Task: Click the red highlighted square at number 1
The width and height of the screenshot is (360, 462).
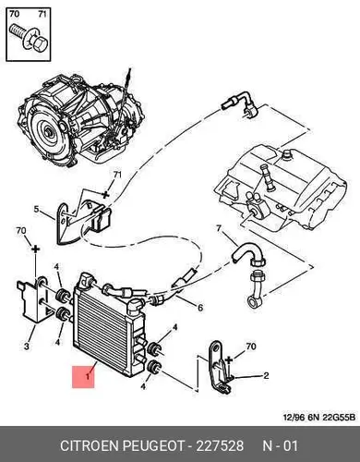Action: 83,376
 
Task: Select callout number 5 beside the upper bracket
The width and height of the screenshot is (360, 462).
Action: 36,210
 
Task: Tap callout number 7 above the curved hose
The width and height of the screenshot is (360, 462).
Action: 219,228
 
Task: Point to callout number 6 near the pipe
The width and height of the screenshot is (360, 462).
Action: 200,308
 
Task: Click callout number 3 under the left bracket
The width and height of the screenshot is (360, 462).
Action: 27,346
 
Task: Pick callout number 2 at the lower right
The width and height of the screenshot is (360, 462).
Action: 266,375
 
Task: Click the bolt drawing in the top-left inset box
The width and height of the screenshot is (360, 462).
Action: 29,39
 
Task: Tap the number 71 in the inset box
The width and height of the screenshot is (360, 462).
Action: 42,14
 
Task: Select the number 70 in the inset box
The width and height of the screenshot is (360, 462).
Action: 14,14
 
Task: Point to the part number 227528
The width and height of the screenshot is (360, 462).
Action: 220,445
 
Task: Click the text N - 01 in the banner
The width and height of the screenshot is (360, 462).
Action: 280,445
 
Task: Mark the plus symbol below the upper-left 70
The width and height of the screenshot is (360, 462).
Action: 36,249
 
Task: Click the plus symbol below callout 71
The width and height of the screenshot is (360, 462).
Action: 105,194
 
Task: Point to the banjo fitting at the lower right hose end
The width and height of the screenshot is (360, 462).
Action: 255,300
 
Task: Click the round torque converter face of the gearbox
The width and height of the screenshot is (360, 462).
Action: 48,131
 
